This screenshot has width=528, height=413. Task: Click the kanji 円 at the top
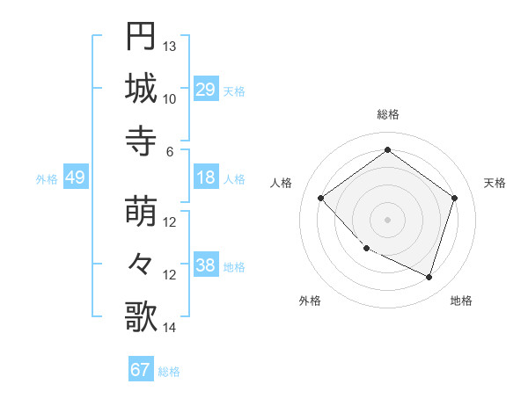tap(141, 36)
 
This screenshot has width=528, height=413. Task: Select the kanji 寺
tap(141, 140)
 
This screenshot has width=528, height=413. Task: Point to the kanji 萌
tap(141, 211)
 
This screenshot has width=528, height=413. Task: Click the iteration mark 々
tap(141, 264)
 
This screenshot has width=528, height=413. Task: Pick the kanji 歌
tap(141, 316)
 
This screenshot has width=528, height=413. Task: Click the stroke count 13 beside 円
tap(170, 46)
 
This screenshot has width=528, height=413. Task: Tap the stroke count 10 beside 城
tap(170, 98)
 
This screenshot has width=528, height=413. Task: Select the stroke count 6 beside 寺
tap(170, 150)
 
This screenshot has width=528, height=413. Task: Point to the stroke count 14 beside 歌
tap(170, 328)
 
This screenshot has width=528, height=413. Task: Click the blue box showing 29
tap(205, 90)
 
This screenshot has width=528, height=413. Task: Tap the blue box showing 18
tap(205, 178)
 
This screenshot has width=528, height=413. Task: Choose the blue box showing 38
tap(205, 265)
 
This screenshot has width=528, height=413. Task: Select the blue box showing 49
tap(75, 178)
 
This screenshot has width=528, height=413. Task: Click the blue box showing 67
tap(140, 370)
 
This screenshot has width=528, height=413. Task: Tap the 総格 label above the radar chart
tap(387, 114)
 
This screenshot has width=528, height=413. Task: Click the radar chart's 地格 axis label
tap(461, 301)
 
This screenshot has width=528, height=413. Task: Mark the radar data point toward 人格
tap(321, 199)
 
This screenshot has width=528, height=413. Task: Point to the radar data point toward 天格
tap(454, 199)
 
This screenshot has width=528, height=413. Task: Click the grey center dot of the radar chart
tap(387, 220)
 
